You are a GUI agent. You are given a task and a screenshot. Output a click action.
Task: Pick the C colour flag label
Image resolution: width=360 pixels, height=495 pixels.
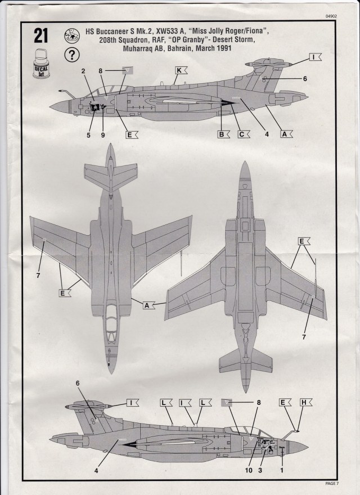pos(243,134)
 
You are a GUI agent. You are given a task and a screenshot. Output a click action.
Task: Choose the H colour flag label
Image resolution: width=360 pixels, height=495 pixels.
pos(304,402)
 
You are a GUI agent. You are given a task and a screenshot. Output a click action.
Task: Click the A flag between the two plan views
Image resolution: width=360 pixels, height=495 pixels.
pos(148,305)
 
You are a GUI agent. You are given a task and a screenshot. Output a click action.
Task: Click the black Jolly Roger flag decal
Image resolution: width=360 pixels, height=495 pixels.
pos(96,107)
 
